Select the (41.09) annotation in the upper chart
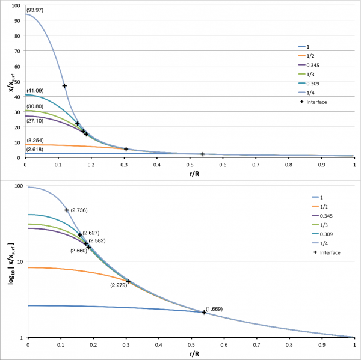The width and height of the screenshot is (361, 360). click(x=34, y=91)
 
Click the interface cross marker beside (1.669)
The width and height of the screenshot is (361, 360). click(x=204, y=312)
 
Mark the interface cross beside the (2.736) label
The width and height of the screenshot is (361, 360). click(x=67, y=210)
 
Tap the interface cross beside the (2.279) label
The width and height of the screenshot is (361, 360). click(x=128, y=281)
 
